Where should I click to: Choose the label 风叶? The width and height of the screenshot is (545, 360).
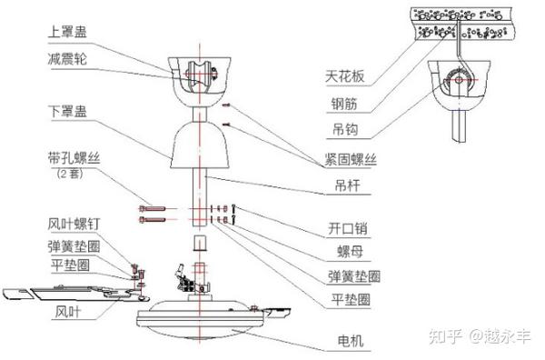click(x=70, y=312)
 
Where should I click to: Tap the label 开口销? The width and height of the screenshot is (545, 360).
click(x=349, y=226)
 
